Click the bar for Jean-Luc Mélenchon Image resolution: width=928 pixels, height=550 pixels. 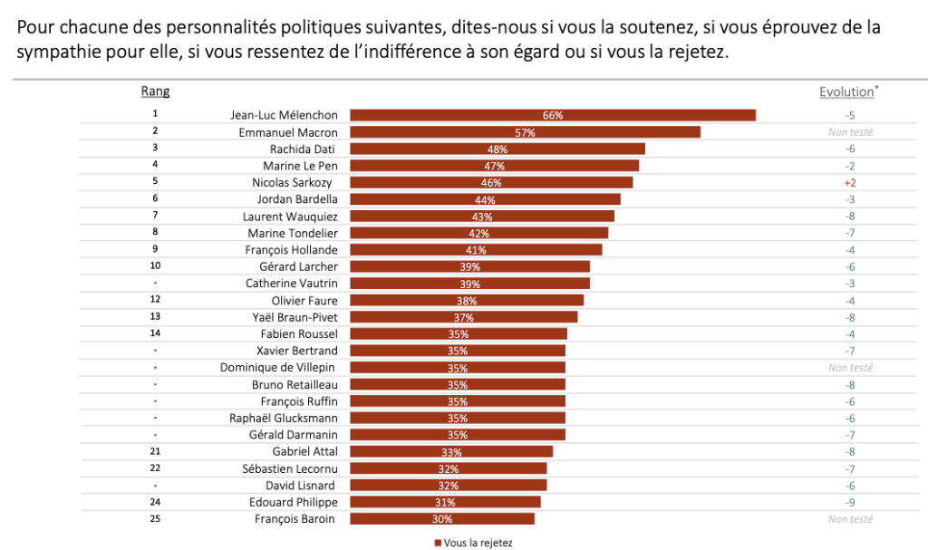pyautogui.click(x=553, y=115)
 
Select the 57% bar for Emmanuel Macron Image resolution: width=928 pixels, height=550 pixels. pyautogui.click(x=525, y=132)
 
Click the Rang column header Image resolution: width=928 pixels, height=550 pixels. pyautogui.click(x=155, y=92)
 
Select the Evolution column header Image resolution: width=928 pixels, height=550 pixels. pyautogui.click(x=846, y=92)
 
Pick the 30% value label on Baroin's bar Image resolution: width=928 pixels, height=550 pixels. pyautogui.click(x=442, y=519)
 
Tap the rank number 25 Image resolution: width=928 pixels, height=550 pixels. pyautogui.click(x=155, y=518)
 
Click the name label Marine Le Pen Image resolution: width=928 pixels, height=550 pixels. pyautogui.click(x=300, y=166)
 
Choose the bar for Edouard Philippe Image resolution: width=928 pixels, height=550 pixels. pyautogui.click(x=445, y=502)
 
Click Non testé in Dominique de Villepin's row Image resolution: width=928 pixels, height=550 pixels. pyautogui.click(x=850, y=368)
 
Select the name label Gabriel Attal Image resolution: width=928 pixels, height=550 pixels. pyautogui.click(x=304, y=451)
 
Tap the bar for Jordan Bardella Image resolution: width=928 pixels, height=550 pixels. pyautogui.click(x=485, y=199)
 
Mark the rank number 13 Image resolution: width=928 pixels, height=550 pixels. pyautogui.click(x=155, y=316)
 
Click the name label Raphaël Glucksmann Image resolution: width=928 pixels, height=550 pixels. pyautogui.click(x=284, y=418)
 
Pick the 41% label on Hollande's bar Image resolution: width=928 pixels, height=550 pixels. pyautogui.click(x=477, y=250)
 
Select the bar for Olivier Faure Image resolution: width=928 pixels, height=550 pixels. pyautogui.click(x=467, y=300)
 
